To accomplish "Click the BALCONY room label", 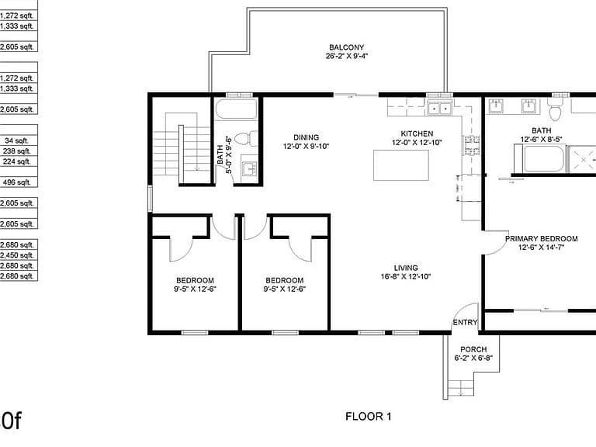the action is pos(346,47).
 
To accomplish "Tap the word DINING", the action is pos(306,137).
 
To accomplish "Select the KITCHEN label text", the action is pos(417,133).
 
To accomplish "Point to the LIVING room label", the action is pos(406,268).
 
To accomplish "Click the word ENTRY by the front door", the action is pos(465,322).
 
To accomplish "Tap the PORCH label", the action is pos(473,349).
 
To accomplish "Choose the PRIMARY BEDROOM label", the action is pos(541,239).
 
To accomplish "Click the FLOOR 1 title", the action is pos(368,417).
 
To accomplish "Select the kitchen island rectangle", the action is pos(401,165).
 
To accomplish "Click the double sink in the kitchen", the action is pos(439,109).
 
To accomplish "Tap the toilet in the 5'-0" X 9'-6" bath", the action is pos(246,139).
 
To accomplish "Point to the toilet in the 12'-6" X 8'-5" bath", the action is pos(555,109).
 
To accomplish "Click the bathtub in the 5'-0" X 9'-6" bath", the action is pos(236,109).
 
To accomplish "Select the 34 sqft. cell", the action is pos(17,140).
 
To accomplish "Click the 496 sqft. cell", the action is pos(17,182).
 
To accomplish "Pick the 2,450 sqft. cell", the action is pos(17,255).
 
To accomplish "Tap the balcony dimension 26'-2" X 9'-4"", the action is pos(346,56).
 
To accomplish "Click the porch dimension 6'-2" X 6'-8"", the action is pos(473,358).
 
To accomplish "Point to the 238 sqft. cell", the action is pos(17,151).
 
